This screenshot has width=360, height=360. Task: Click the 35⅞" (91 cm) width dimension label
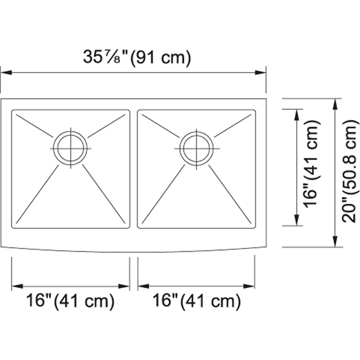[136, 57]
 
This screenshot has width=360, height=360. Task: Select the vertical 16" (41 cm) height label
[312, 167]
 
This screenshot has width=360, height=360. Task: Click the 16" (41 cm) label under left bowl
[70, 301]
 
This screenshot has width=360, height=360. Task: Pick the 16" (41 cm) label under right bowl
[196, 301]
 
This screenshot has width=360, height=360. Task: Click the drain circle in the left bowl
[70, 148]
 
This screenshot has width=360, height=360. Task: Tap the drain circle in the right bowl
[196, 148]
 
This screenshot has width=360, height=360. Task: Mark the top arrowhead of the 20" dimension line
[335, 103]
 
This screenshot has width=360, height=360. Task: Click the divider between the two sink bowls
[134, 169]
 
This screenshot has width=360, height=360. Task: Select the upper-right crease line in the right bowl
[232, 125]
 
